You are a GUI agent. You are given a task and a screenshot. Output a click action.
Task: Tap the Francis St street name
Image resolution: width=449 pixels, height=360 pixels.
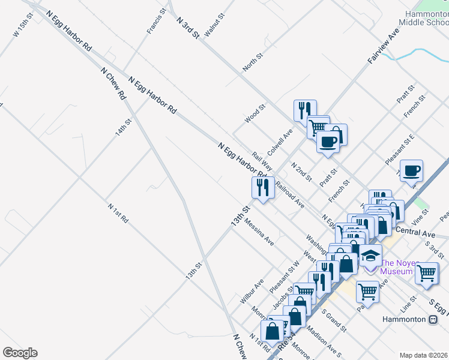[156, 22]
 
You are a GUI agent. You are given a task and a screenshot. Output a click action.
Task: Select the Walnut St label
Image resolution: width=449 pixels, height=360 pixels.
[214, 25]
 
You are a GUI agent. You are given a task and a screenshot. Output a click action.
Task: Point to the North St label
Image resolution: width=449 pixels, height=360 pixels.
[253, 62]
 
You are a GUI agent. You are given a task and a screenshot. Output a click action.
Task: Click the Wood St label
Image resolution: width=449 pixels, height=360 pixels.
[255, 114]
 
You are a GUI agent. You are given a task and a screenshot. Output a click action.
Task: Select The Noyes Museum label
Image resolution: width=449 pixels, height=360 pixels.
[397, 267]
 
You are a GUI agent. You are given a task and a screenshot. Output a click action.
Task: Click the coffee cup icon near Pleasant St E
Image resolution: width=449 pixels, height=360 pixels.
[412, 171]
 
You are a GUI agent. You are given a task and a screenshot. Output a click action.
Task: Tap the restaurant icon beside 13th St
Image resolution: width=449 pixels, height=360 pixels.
[263, 188]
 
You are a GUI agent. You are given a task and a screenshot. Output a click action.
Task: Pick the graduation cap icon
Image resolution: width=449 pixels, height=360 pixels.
[370, 256]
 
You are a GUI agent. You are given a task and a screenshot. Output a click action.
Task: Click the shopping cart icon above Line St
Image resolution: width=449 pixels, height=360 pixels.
[427, 273]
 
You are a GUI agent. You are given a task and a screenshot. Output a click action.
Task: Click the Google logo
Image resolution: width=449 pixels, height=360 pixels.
[20, 353]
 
